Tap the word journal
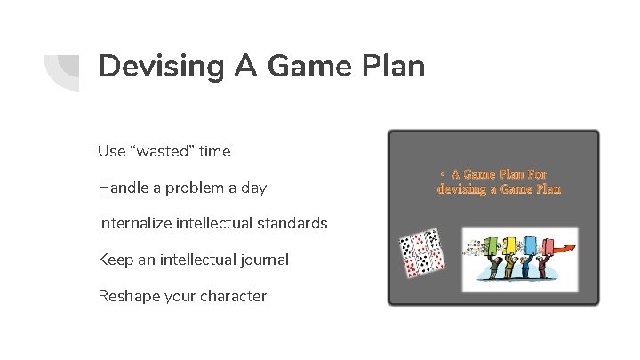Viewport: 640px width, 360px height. tap(261, 260)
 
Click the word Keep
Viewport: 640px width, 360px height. tap(114, 260)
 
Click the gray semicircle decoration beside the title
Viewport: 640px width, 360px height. tap(62, 68)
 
